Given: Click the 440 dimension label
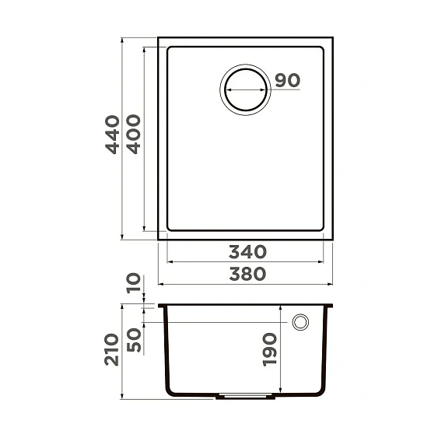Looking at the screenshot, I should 114,134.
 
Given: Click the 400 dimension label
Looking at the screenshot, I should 134,134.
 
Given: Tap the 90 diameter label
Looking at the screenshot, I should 287,80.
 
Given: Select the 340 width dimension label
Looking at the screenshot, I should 247,252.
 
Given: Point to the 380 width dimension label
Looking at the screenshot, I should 247,274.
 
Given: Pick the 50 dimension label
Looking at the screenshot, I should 134,340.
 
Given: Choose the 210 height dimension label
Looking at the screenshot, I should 114,349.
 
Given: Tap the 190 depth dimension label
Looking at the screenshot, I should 270,349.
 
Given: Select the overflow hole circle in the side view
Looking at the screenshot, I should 300,322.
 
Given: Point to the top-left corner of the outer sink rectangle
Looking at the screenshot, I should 159,37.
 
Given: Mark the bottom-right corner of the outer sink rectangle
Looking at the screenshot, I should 332,239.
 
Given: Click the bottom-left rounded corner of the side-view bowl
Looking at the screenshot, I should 170,389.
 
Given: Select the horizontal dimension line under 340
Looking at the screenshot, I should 246,262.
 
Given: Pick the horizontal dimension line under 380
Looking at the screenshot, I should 246,284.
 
